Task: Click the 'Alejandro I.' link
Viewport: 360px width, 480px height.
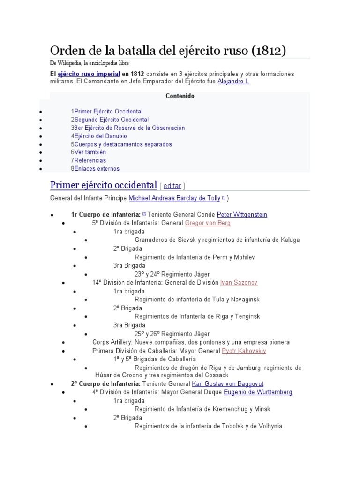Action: pyautogui.click(x=233, y=82)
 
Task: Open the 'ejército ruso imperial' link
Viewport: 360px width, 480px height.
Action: pyautogui.click(x=88, y=74)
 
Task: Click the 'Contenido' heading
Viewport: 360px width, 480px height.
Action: pyautogui.click(x=180, y=96)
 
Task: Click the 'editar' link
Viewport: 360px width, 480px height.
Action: pyautogui.click(x=172, y=186)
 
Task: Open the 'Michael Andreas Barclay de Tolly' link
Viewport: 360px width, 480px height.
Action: pyautogui.click(x=174, y=198)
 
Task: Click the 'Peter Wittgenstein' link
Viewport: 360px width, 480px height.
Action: pyautogui.click(x=242, y=215)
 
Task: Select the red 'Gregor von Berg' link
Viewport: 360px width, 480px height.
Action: pyautogui.click(x=208, y=223)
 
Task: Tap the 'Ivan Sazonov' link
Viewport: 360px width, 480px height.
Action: pyautogui.click(x=239, y=283)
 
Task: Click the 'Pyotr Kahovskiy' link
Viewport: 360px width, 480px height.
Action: pyautogui.click(x=244, y=351)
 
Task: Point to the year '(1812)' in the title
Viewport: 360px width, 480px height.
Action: pyautogui.click(x=269, y=50)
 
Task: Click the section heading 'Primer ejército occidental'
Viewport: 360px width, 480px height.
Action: pyautogui.click(x=103, y=184)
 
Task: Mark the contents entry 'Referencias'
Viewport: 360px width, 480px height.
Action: pyautogui.click(x=90, y=160)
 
